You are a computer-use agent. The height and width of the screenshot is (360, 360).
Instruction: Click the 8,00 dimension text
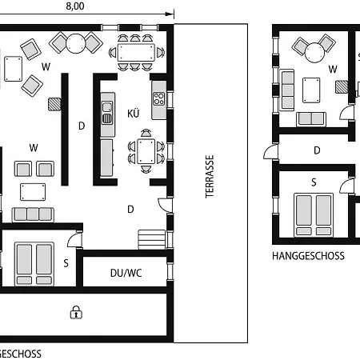click(75, 6)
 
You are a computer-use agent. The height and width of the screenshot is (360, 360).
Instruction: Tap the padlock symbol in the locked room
click(76, 312)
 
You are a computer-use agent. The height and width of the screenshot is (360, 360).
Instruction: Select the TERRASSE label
click(210, 177)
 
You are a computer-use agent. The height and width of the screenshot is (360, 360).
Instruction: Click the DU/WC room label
click(126, 273)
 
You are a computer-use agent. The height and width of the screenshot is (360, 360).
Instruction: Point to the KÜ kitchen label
click(134, 114)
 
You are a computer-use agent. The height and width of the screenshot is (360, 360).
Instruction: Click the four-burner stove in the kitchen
click(158, 98)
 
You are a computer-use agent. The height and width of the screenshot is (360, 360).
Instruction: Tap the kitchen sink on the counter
click(107, 113)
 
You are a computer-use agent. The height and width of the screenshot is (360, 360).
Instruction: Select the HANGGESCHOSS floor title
click(308, 256)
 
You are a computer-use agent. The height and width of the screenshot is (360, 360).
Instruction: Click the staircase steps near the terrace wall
click(151, 239)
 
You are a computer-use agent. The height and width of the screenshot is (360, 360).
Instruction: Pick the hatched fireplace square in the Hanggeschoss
click(342, 87)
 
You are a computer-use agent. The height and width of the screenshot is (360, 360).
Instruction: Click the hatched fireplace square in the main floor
click(54, 104)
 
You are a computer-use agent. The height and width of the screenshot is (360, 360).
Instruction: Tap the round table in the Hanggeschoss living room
click(315, 53)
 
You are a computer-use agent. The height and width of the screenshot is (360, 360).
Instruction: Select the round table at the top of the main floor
click(76, 43)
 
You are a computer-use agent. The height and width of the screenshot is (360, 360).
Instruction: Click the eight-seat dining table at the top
click(136, 53)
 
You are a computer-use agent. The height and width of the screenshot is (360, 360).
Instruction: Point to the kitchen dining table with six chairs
click(146, 151)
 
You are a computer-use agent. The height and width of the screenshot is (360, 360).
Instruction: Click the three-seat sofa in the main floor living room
click(33, 214)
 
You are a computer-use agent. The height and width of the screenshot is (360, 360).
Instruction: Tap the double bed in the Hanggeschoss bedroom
click(314, 215)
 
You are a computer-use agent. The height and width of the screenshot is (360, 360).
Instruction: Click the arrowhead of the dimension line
click(170, 14)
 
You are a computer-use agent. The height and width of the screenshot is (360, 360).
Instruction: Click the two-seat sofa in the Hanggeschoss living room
click(311, 119)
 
